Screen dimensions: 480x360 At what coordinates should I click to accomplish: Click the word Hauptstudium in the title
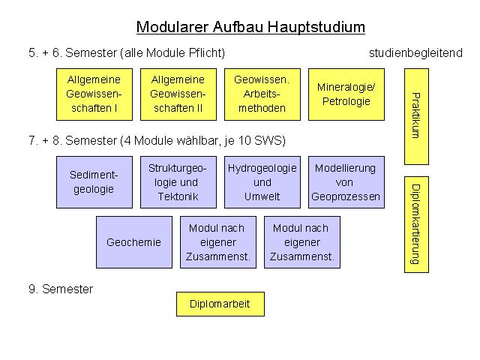pyautogui.click(x=316, y=27)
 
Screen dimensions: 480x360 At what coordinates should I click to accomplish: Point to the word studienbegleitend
pyautogui.click(x=415, y=53)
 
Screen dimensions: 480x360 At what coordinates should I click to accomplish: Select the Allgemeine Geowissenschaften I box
pyautogui.click(x=94, y=94)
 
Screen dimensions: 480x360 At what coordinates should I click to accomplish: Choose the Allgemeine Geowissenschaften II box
pyautogui.click(x=178, y=94)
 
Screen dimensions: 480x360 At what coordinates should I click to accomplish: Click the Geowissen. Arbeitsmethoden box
pyautogui.click(x=262, y=94)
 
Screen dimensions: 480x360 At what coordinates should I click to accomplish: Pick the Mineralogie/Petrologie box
pyautogui.click(x=346, y=94)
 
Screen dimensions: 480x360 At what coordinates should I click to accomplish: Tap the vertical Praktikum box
pyautogui.click(x=416, y=117)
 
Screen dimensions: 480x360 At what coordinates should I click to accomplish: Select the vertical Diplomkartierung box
pyautogui.click(x=416, y=224)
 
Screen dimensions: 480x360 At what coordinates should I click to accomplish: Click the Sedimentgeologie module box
pyautogui.click(x=94, y=182)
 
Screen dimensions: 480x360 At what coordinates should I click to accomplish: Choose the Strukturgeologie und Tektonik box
pyautogui.click(x=178, y=182)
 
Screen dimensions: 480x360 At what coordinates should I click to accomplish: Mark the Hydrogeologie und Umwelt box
pyautogui.click(x=262, y=182)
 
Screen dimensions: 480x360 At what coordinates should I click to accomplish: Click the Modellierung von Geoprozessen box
pyautogui.click(x=346, y=182)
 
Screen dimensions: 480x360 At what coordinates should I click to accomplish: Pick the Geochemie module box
pyautogui.click(x=134, y=242)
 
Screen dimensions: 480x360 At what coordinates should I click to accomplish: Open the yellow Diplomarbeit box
pyautogui.click(x=220, y=304)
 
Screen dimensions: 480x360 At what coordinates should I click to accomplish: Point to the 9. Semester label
pyautogui.click(x=61, y=289)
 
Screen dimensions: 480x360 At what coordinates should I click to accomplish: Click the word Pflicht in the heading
pyautogui.click(x=207, y=53)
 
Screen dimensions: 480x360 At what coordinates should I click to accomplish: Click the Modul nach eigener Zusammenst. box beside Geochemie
pyautogui.click(x=218, y=242)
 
